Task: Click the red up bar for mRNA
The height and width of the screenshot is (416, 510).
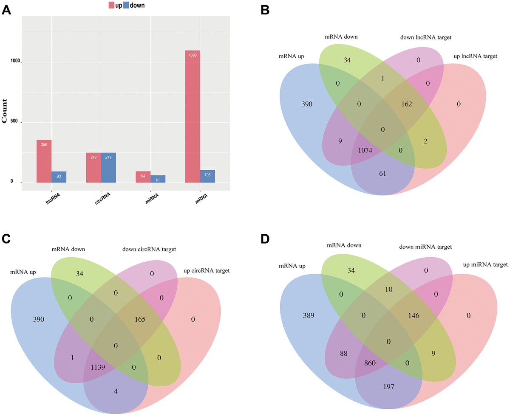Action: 193,117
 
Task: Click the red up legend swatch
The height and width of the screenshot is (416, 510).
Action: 112,6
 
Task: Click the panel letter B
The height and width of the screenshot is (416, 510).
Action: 264,9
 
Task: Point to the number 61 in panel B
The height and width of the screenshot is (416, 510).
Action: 382,173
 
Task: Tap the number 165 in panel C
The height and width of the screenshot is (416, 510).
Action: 139,318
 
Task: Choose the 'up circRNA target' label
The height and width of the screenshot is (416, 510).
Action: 206,270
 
